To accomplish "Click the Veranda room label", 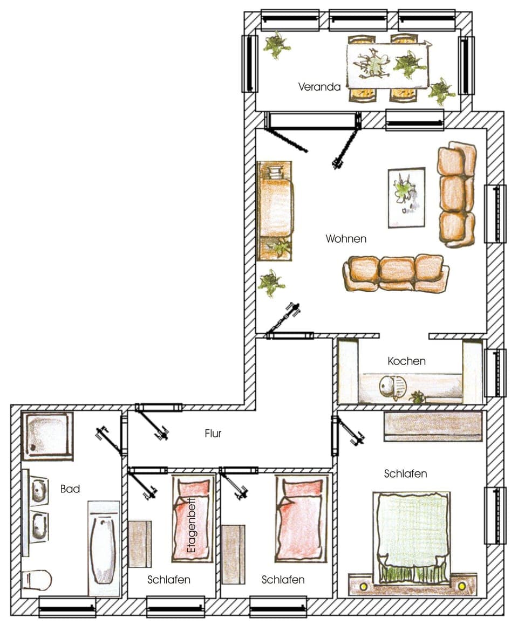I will [319, 86].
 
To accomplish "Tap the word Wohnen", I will [346, 238].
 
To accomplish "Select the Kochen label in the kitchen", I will [406, 361].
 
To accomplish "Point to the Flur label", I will [213, 433].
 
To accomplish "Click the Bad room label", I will [70, 489].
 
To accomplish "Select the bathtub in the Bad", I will [104, 548].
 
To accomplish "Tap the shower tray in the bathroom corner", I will [47, 436].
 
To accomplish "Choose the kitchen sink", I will [388, 387].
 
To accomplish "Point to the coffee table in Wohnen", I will [406, 197].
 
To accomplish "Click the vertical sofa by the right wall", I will [456, 195].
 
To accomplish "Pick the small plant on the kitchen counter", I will [417, 397].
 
